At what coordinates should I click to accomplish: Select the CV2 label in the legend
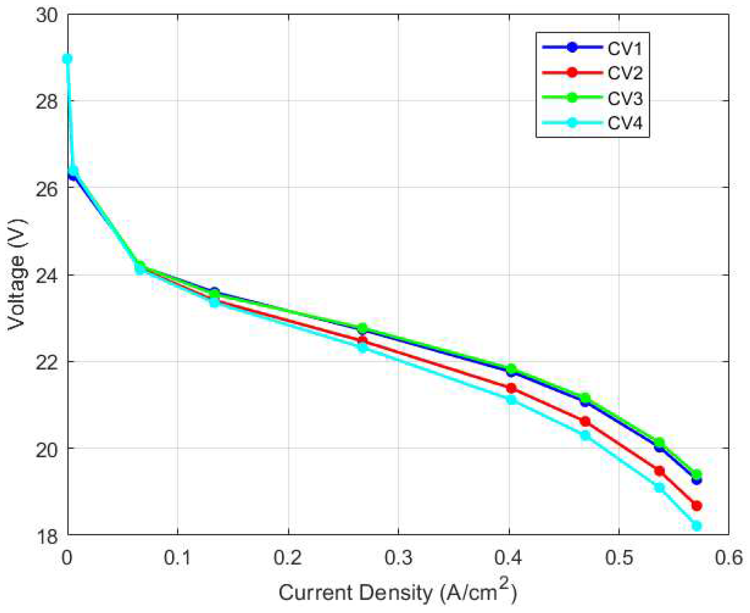(624, 73)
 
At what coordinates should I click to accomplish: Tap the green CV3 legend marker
(572, 98)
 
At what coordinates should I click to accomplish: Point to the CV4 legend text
(624, 123)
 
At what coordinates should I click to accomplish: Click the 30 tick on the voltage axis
(46, 16)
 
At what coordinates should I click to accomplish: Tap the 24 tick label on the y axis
(46, 275)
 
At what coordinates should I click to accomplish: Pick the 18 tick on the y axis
(46, 535)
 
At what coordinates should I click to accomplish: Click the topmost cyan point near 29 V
(67, 59)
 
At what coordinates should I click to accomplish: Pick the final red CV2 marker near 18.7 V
(696, 506)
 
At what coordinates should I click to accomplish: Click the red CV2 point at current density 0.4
(511, 388)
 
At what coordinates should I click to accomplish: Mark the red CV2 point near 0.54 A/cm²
(659, 471)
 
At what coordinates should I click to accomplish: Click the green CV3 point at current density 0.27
(362, 328)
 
